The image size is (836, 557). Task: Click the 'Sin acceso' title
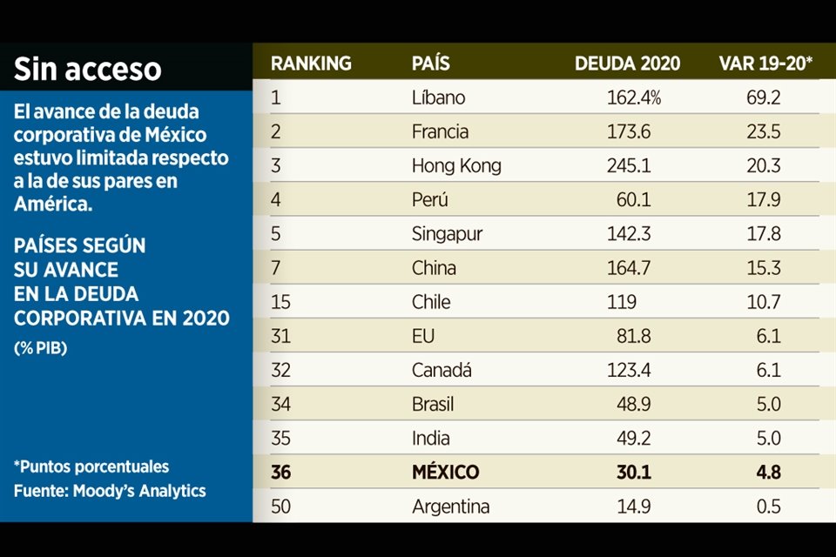87,69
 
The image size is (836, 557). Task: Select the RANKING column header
311,64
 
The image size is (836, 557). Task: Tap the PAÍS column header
431,64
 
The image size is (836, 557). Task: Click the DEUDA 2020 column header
627,64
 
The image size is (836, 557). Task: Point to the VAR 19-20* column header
765,64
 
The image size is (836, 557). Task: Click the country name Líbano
438,97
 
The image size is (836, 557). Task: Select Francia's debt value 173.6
629,131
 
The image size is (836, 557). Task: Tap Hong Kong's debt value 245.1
629,165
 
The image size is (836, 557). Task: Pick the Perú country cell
430,199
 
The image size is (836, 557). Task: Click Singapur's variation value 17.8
763,234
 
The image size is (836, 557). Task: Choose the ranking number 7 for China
276,268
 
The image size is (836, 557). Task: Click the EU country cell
423,336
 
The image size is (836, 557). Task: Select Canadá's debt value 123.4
629,370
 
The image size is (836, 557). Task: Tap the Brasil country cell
433,404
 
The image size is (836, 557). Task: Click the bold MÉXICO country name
445,473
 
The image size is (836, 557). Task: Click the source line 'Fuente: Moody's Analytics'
110,491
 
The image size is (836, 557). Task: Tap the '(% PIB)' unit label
41,347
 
